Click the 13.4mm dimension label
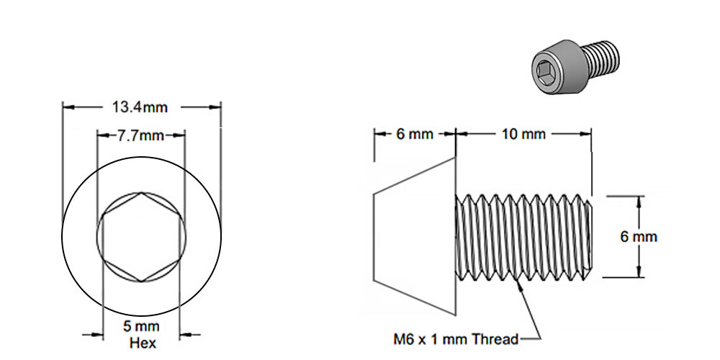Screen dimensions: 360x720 pos(140,107)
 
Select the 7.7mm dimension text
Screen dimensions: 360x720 pos(141,135)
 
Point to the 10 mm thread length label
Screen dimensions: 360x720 pos(523,134)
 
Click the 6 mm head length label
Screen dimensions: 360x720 pos(415,134)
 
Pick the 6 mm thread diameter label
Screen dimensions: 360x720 pos(639,236)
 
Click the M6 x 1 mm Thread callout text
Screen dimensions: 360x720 pos(455,338)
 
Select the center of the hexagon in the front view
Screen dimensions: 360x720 pos(141,237)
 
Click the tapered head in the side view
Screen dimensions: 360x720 pos(415,236)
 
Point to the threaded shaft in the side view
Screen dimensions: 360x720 pos(523,237)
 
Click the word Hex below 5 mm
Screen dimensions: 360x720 pos(141,343)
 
